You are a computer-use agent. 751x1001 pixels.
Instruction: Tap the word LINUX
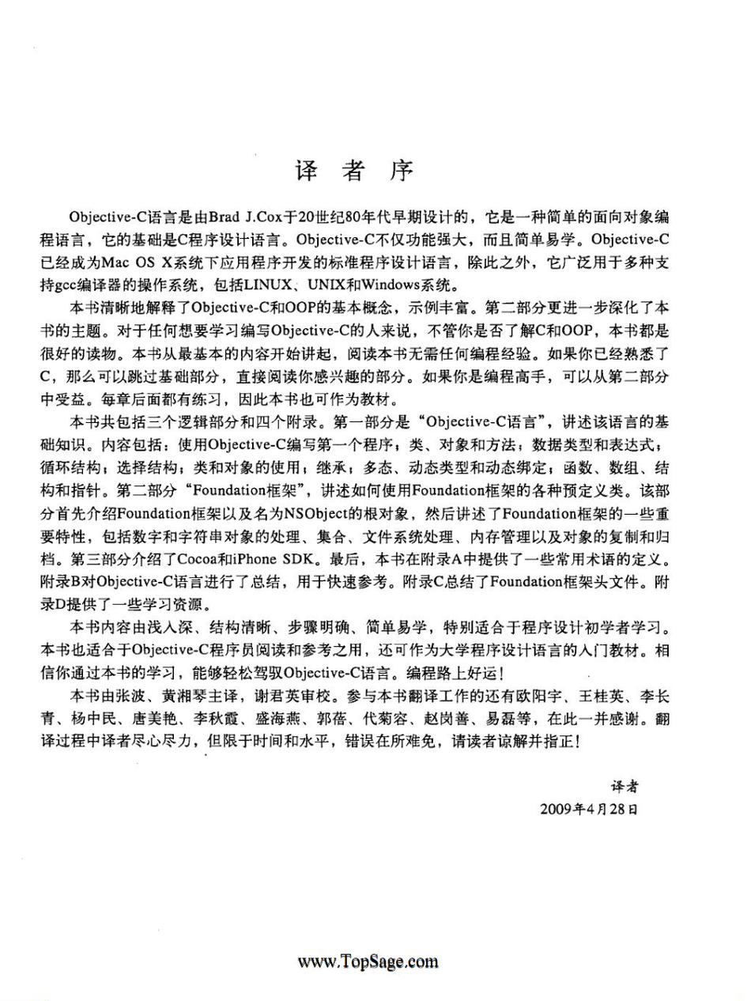[x=283, y=282]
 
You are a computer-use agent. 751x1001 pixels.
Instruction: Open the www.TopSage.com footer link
[x=368, y=962]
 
